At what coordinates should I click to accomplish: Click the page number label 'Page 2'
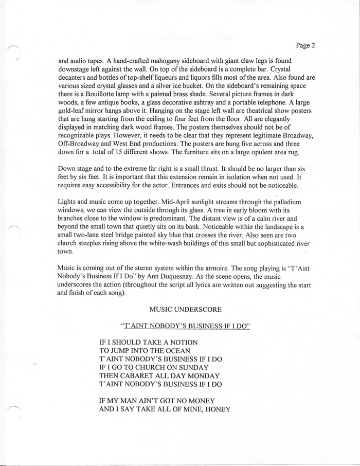pos(305,45)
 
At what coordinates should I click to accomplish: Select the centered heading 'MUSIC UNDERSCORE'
pos(185,310)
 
